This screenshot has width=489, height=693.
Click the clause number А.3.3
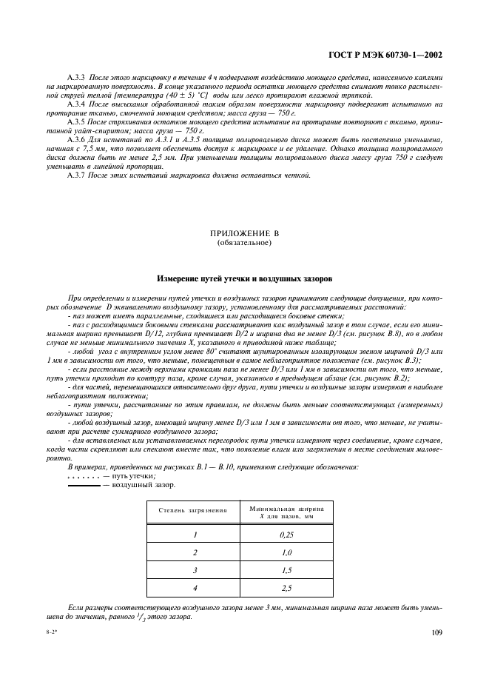pyautogui.click(x=77, y=78)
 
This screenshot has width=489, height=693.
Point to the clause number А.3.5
pyautogui.click(x=77, y=120)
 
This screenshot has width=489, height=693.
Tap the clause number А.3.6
pyautogui.click(x=77, y=138)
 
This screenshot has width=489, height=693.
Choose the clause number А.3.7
pyautogui.click(x=77, y=175)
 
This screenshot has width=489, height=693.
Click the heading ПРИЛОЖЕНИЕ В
pyautogui.click(x=244, y=234)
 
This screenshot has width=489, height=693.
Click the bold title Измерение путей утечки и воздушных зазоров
pyautogui.click(x=244, y=279)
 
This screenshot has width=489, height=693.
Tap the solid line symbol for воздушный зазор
pyautogui.click(x=83, y=485)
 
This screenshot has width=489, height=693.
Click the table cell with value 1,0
pyautogui.click(x=287, y=552)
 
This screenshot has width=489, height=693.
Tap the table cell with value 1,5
pyautogui.click(x=287, y=571)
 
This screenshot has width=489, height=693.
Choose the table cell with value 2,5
pyautogui.click(x=287, y=589)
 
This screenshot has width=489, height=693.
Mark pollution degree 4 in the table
pyautogui.click(x=195, y=589)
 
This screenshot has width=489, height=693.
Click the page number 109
pyautogui.click(x=436, y=632)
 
